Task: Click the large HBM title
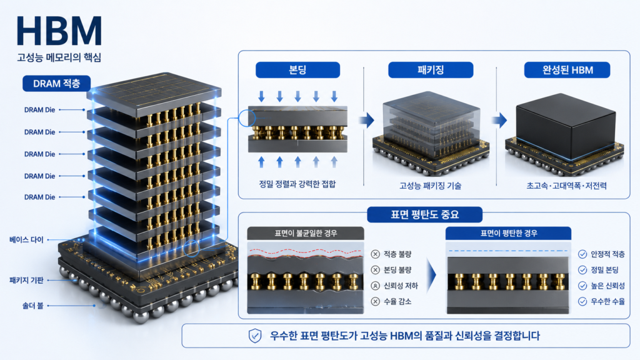pos(59,31)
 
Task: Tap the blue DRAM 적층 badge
pos(56,84)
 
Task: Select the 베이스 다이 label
pos(26,239)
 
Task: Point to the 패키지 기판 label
pos(26,281)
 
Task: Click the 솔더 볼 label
pos(32,305)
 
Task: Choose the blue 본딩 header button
pos(297,70)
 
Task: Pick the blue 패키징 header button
pos(431,70)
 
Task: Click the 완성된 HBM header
pos(567,70)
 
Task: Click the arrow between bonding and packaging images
pos(367,120)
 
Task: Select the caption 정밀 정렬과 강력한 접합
pos(297,184)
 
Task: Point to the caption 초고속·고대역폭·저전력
pos(566,186)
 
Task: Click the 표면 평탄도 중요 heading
pos(424,215)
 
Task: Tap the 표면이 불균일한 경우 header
pos(306,233)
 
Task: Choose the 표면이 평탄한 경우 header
pos(509,233)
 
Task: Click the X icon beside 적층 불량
pos(376,254)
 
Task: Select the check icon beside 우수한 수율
pos(582,302)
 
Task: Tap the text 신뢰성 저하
pos(401,286)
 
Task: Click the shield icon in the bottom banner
pos(255,336)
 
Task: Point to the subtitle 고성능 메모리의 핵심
pos(59,57)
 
